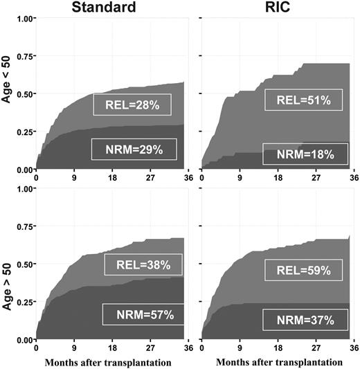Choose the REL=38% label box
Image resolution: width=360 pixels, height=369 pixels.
point(143,264)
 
